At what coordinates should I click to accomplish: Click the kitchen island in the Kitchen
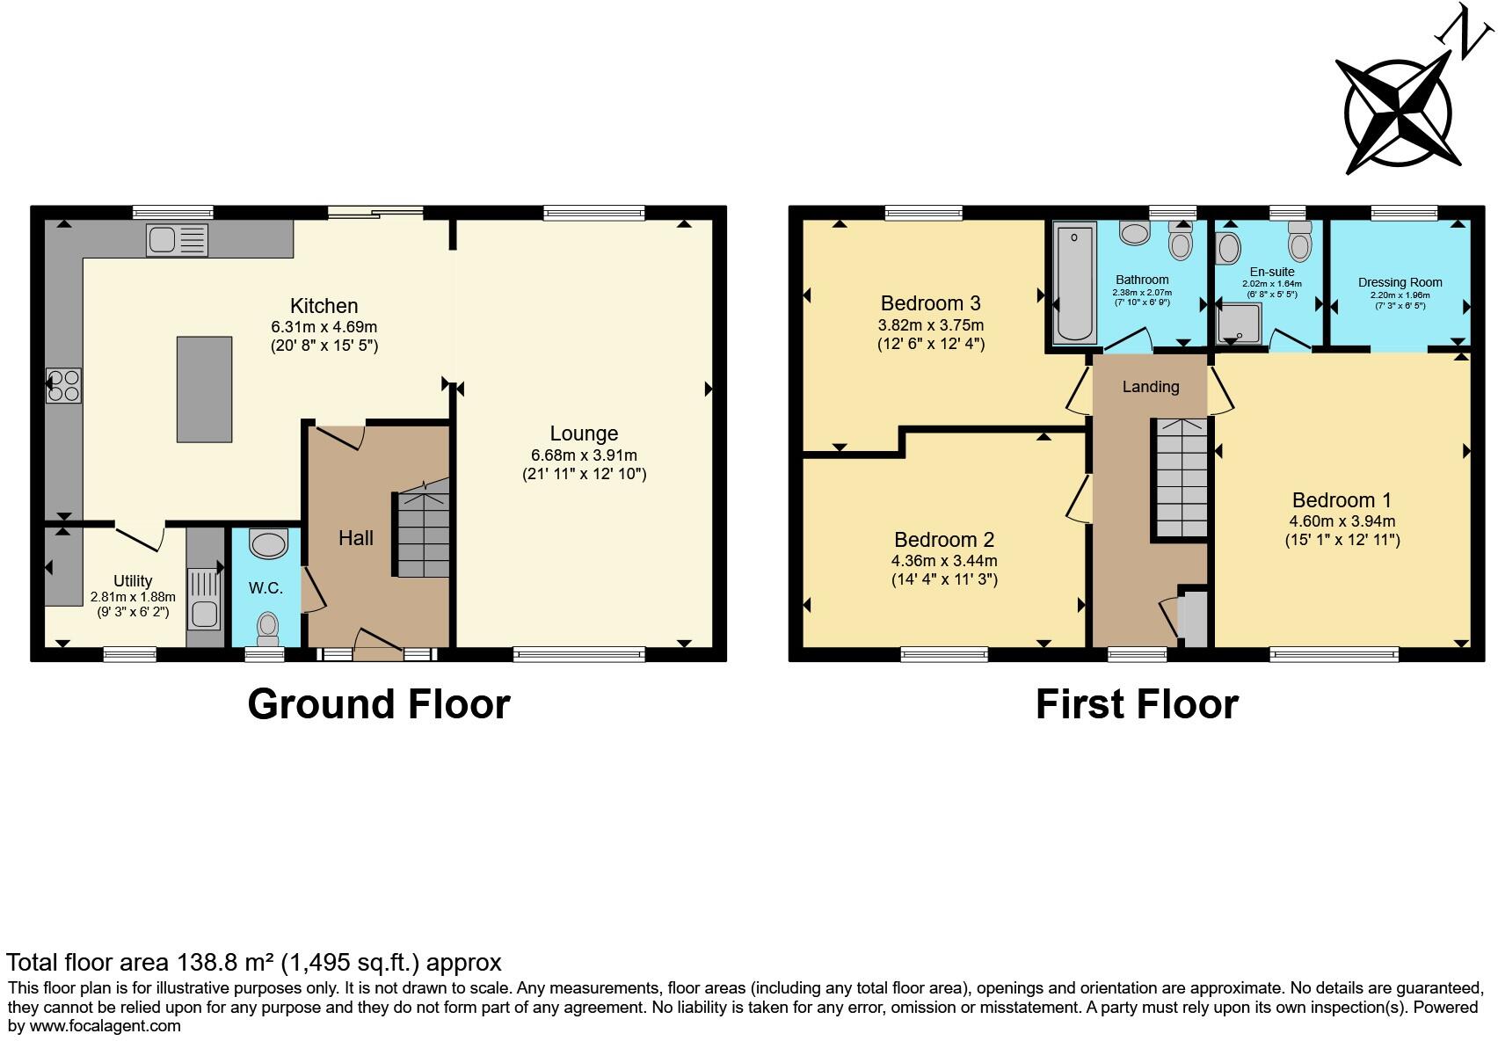204,389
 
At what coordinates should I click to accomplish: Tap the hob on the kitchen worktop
64,385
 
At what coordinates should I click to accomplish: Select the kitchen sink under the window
177,239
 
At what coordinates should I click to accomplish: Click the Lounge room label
584,433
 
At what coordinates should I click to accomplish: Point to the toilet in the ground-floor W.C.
267,628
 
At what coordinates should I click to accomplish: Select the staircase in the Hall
421,535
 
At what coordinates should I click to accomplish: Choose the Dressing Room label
1400,282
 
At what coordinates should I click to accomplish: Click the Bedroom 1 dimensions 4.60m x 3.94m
1342,520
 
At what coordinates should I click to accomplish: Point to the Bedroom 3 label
930,303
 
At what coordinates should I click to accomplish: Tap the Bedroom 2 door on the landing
1079,499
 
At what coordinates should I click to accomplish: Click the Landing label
1150,387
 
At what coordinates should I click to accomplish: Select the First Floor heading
1136,704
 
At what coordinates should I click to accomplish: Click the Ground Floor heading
378,704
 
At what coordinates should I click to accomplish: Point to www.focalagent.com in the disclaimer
105,1025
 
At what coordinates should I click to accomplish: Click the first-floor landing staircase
1180,479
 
